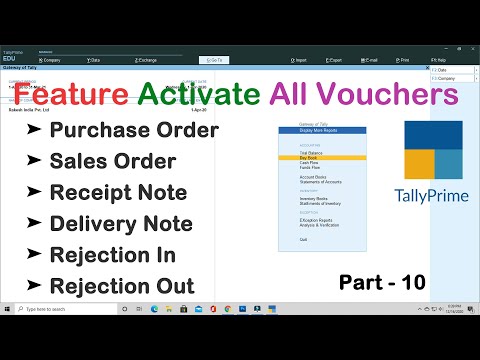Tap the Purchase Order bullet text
133,130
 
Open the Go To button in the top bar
215,60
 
